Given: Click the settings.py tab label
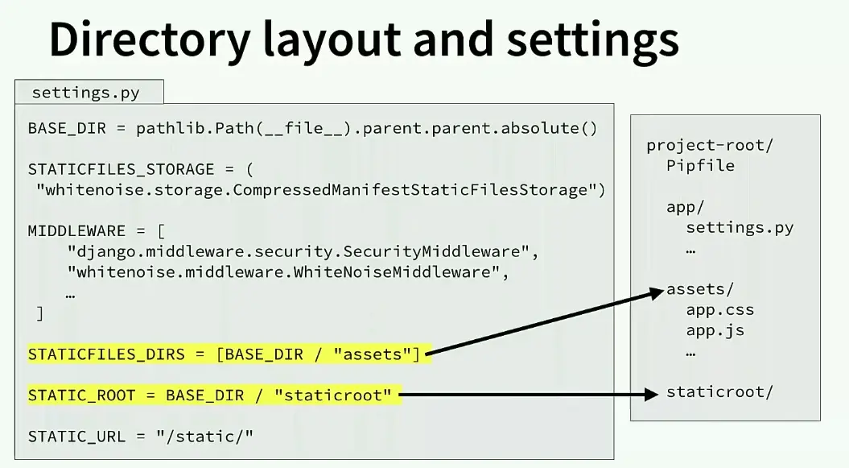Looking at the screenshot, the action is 85,93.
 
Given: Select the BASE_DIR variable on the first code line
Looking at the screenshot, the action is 60,128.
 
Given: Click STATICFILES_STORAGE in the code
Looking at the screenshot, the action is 121,169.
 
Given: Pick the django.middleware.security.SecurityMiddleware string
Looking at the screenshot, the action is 302,251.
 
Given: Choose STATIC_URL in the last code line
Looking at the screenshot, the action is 76,437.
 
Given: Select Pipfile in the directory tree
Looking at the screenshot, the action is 700,166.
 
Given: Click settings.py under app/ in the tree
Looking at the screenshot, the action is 740,228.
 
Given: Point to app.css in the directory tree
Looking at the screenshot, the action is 720,310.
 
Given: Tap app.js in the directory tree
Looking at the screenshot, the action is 715,330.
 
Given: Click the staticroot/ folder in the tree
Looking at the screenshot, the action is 719,392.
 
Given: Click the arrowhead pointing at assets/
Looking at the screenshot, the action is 657,295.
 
